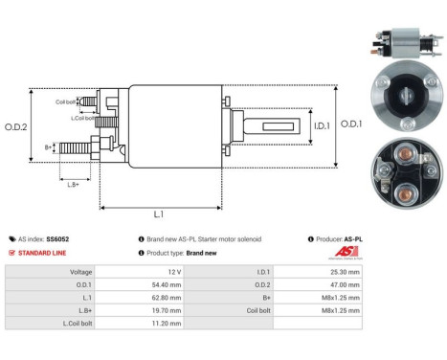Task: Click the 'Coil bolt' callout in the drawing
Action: coord(66,100)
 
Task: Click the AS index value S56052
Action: coord(61,238)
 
